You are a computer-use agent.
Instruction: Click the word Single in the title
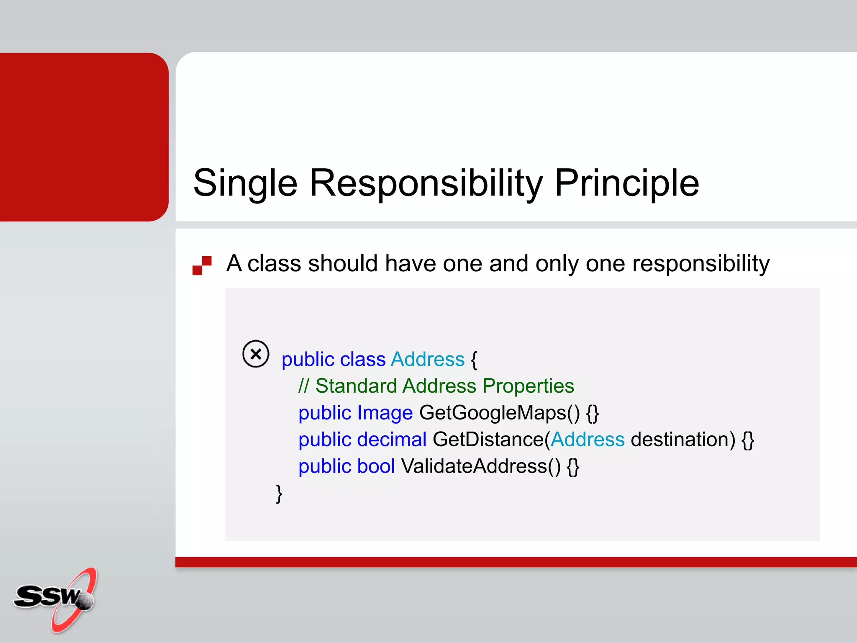245,183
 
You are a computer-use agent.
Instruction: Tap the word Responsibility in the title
426,183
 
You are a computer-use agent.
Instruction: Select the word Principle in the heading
626,183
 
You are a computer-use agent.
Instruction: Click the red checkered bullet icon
202,265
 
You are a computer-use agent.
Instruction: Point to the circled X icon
256,354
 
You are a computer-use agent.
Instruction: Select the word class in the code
362,360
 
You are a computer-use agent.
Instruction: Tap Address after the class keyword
428,360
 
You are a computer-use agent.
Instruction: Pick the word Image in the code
385,413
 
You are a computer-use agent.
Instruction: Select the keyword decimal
392,440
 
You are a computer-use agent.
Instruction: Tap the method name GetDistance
488,440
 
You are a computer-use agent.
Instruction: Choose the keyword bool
376,466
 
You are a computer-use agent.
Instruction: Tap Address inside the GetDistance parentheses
588,440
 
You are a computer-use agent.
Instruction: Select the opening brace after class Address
474,360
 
